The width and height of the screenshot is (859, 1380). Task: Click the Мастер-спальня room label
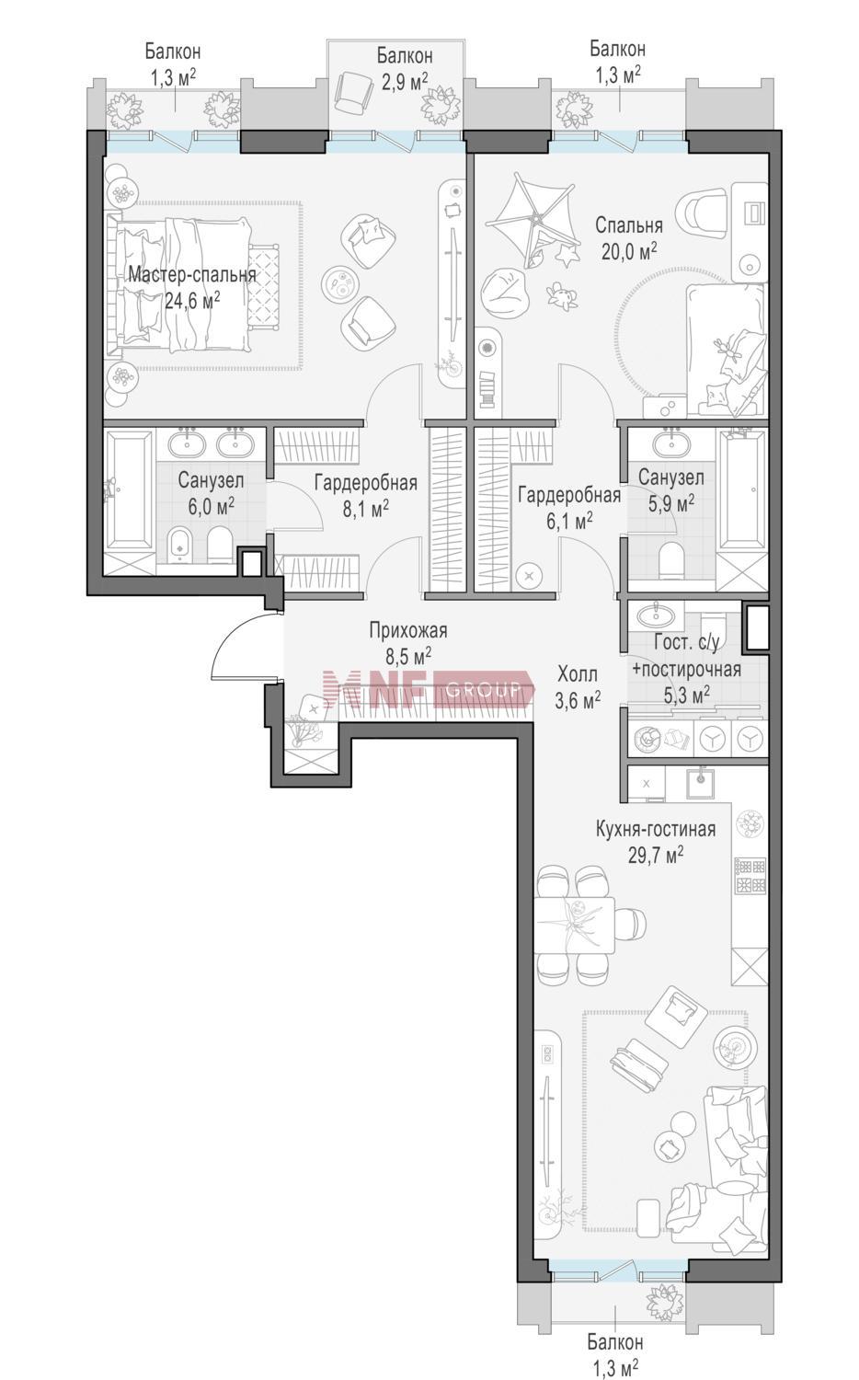[x=192, y=275]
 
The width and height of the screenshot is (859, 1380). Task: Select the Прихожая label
[x=408, y=630]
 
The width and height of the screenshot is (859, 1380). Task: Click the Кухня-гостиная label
[x=656, y=829]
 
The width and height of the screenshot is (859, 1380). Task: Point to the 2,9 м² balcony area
[x=405, y=81]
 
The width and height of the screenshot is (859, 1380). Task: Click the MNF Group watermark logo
[x=429, y=690]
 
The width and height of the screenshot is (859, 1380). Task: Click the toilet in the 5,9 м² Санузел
[x=671, y=558]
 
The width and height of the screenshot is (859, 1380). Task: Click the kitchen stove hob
[x=750, y=876]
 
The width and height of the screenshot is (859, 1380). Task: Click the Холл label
[x=578, y=674]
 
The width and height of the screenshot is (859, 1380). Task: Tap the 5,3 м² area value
[x=687, y=696]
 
